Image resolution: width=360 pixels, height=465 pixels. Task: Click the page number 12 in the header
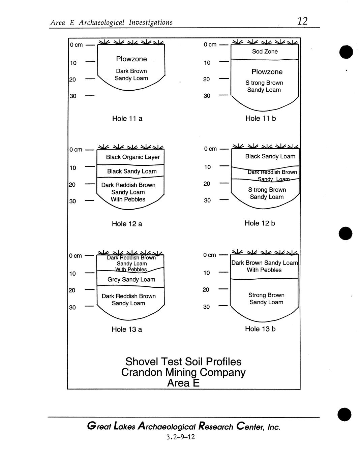pyautogui.click(x=302, y=21)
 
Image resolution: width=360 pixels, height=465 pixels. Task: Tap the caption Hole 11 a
pyautogui.click(x=127, y=119)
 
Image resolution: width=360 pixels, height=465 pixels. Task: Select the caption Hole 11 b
pyautogui.click(x=261, y=118)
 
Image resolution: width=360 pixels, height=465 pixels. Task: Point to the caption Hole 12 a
pyautogui.click(x=127, y=224)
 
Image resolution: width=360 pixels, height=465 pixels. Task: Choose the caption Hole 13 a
pyautogui.click(x=127, y=329)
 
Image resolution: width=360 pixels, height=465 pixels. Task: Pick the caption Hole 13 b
pyautogui.click(x=260, y=329)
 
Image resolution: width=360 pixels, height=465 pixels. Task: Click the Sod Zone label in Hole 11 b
pyautogui.click(x=265, y=52)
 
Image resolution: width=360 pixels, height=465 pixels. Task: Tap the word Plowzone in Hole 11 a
pyautogui.click(x=131, y=59)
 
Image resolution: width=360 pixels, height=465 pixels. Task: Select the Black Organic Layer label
pyautogui.click(x=133, y=157)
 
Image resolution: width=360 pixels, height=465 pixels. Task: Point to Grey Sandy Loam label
pyautogui.click(x=131, y=279)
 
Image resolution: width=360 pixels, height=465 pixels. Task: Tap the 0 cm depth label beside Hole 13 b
pyautogui.click(x=210, y=255)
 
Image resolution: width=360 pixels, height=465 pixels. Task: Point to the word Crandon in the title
pyautogui.click(x=142, y=372)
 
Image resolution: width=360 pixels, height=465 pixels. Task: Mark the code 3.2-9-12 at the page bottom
pyautogui.click(x=180, y=437)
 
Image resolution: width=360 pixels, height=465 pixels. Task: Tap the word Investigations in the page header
pyautogui.click(x=150, y=23)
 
